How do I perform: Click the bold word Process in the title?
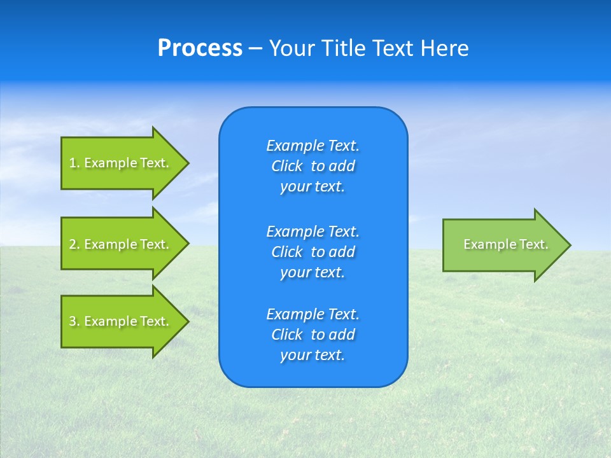coord(200,48)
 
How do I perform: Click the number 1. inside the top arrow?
coord(74,163)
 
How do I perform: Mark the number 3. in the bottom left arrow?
coord(74,322)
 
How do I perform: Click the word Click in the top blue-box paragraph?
coord(287,167)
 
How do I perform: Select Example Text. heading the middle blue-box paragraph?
coord(313,232)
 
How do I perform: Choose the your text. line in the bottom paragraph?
coord(313,356)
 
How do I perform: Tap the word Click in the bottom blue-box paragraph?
coord(287,335)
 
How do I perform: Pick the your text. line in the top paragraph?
coord(313,187)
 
